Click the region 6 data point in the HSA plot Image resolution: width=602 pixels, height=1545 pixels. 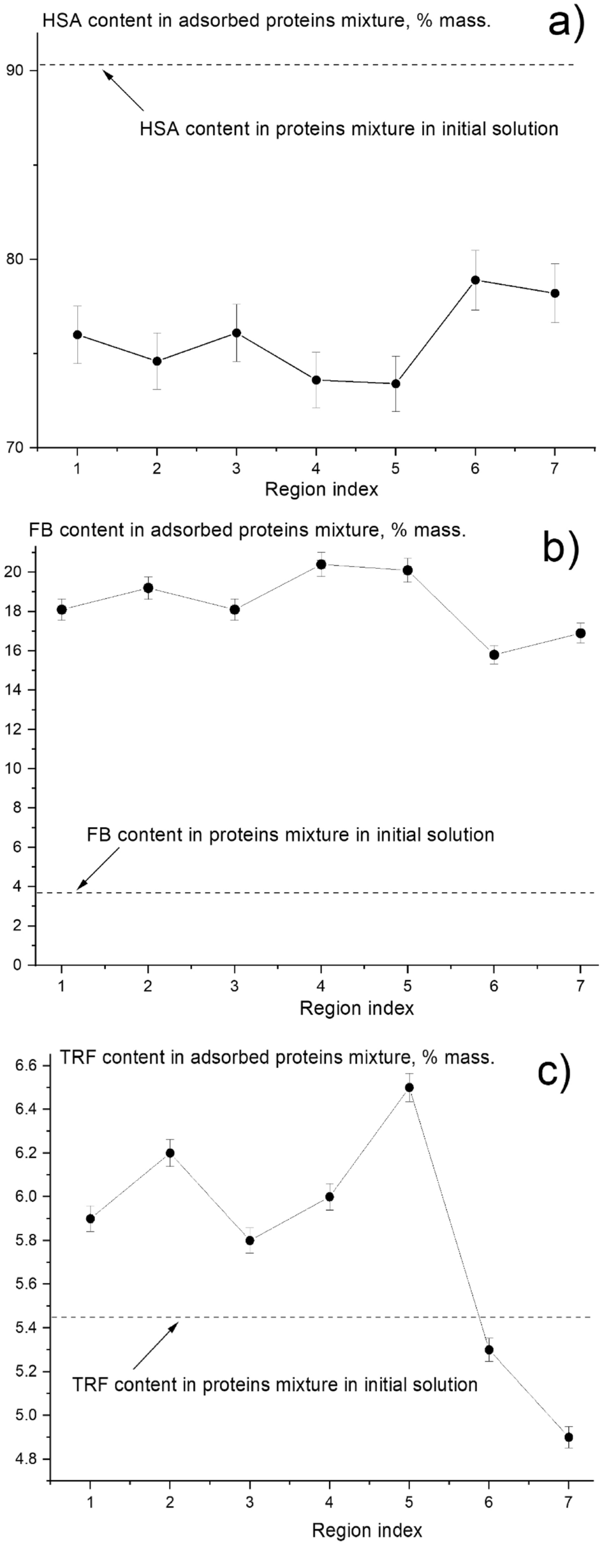[475, 280]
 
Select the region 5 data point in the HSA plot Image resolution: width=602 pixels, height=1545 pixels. [395, 383]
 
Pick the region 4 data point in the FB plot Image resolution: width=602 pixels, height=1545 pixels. [321, 564]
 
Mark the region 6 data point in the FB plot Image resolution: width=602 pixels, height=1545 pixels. [494, 655]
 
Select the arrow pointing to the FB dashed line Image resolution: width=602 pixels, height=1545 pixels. [98, 868]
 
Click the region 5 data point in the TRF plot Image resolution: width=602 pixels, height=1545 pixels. [409, 1087]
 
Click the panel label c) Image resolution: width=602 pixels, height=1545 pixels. [553, 1073]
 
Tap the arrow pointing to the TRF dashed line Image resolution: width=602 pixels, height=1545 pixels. [156, 1347]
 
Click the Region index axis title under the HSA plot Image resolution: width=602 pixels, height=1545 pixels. [321, 490]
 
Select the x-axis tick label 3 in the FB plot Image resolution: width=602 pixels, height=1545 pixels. [235, 986]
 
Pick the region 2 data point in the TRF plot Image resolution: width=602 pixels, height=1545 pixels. [170, 1153]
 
